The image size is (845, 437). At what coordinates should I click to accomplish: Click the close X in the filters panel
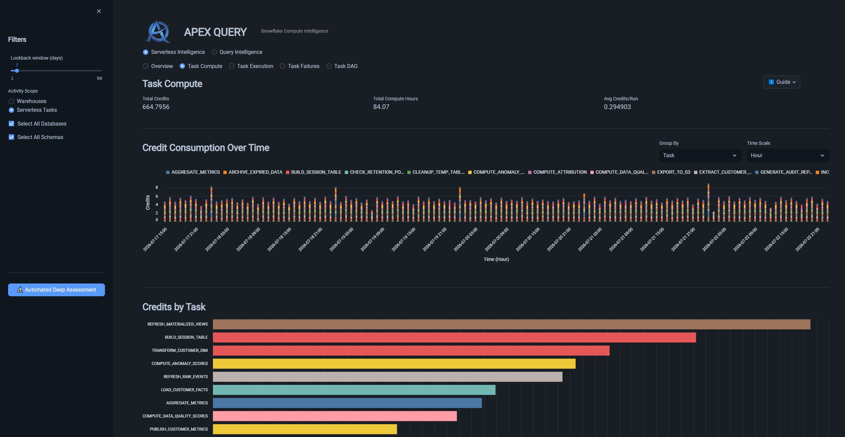click(x=99, y=11)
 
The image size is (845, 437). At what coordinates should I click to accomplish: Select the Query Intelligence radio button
click(x=214, y=52)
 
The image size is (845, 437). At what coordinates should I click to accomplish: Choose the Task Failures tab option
click(x=283, y=66)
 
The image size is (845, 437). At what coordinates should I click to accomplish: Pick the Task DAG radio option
click(x=329, y=66)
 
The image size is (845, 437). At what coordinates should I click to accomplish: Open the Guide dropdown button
click(x=781, y=82)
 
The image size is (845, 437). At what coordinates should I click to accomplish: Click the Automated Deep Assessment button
click(x=57, y=290)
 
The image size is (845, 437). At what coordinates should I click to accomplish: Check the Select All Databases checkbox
click(x=11, y=124)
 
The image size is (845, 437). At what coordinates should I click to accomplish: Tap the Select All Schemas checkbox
click(x=11, y=137)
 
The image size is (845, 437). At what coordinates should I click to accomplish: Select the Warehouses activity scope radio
click(x=11, y=101)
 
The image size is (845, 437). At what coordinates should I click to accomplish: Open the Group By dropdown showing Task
click(x=700, y=156)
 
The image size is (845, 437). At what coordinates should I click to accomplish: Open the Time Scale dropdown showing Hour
click(x=788, y=156)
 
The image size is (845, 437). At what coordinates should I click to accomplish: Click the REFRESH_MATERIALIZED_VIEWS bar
click(x=512, y=324)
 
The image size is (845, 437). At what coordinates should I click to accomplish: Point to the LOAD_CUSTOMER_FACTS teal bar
click(x=354, y=390)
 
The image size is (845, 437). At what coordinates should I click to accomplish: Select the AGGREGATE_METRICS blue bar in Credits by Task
click(x=347, y=403)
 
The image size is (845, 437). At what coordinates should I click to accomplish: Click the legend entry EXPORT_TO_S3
click(x=671, y=172)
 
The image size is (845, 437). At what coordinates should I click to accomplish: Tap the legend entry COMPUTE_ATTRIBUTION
click(x=557, y=172)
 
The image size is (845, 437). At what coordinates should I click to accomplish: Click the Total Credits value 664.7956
click(x=156, y=107)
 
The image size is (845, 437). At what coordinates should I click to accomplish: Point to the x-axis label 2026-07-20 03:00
click(x=466, y=239)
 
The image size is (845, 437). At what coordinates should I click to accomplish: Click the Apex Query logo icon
click(x=158, y=31)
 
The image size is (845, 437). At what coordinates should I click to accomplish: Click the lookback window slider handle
click(x=17, y=71)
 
